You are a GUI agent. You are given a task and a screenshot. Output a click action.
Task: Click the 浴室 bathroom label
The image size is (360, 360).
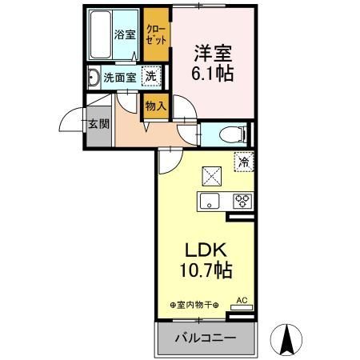(x=124, y=34)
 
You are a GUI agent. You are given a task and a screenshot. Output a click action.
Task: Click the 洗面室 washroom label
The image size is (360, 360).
(x=118, y=78)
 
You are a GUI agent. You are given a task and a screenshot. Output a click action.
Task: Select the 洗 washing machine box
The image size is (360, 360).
(x=150, y=77)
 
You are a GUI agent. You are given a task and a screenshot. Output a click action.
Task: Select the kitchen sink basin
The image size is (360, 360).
(x=210, y=201)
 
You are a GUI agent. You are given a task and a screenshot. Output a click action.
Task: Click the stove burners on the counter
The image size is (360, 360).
(x=241, y=201)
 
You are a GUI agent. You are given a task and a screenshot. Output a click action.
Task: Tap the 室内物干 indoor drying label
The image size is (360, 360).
(x=194, y=305)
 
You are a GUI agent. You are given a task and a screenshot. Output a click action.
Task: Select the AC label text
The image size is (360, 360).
(x=242, y=301)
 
